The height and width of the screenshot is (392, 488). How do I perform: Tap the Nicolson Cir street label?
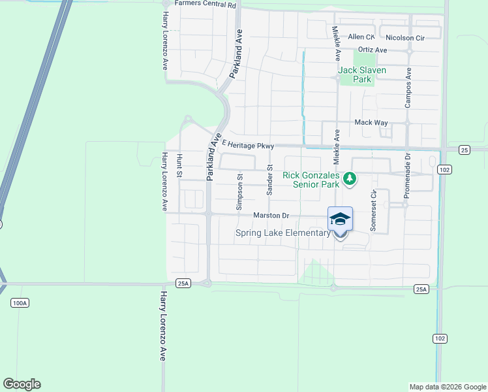[405, 38]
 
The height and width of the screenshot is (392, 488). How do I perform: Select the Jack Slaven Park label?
[362, 74]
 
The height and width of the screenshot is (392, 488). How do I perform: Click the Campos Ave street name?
[408, 88]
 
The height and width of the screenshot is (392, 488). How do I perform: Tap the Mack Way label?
[371, 122]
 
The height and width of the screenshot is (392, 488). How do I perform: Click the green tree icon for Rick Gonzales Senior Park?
[350, 178]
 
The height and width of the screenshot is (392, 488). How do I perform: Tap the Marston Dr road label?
[271, 215]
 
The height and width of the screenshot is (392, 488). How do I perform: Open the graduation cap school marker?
[340, 218]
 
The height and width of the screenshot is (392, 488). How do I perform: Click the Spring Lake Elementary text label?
[284, 233]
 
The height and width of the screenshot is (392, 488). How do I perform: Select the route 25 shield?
[464, 150]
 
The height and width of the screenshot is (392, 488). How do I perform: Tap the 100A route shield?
[20, 303]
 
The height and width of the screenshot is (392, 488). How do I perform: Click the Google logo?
[22, 384]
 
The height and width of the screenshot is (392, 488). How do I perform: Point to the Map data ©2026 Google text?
[447, 387]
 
